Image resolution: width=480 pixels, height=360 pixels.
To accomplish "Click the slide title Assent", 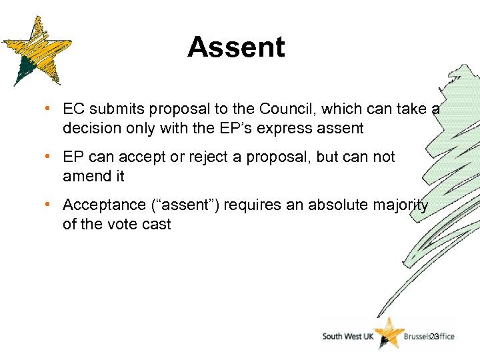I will [236, 47].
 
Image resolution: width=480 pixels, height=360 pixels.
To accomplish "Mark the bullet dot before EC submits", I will [50, 109].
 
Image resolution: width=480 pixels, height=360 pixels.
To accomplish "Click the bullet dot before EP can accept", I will [50, 157].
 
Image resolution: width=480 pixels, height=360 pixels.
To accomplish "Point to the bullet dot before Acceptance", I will [50, 205].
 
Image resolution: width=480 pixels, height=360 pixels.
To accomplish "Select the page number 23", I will [434, 337].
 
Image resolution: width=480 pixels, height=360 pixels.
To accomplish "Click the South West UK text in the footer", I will [347, 337].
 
